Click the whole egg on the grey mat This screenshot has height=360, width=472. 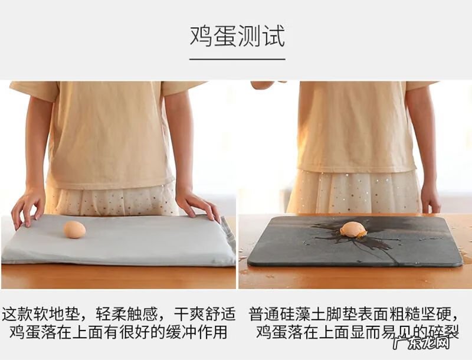point(75,230)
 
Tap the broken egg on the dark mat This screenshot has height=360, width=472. point(353,230)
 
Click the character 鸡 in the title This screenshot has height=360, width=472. point(201,37)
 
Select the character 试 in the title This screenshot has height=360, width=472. point(274,37)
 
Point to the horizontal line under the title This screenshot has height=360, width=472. point(237,59)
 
